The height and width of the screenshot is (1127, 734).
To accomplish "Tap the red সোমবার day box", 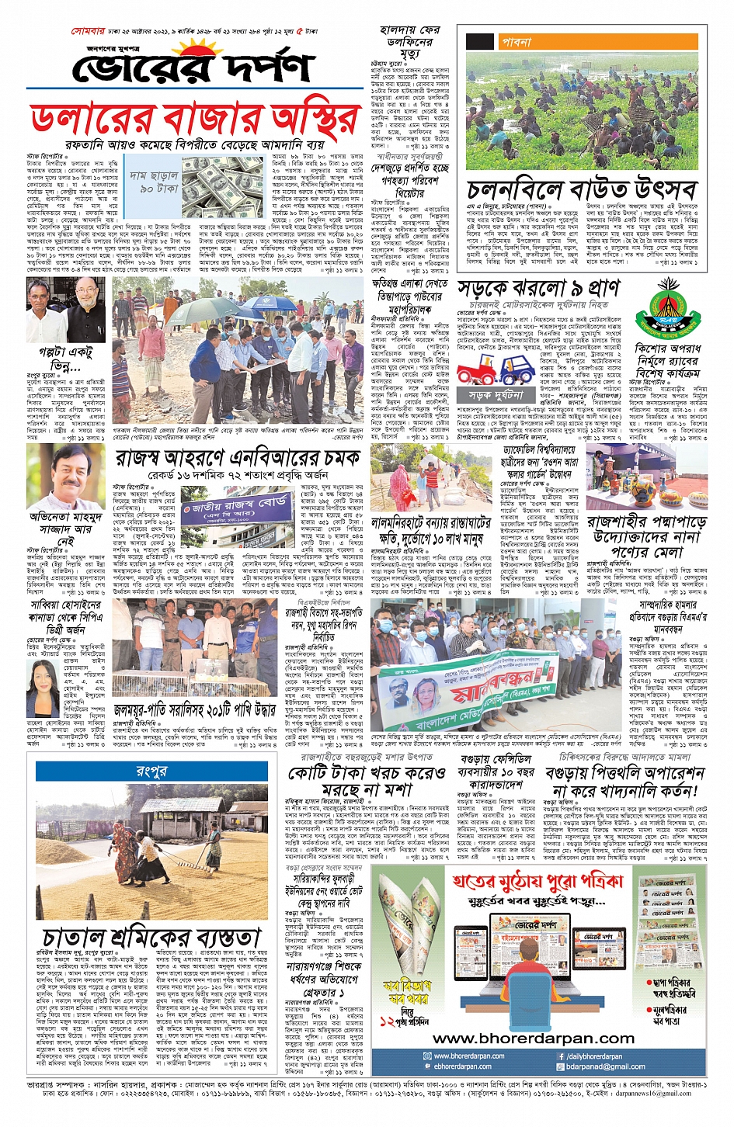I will pos(92,32).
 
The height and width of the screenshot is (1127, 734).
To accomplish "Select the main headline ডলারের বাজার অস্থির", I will pos(194,120).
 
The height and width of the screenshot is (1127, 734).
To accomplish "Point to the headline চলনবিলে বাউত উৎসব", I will pos(582,190).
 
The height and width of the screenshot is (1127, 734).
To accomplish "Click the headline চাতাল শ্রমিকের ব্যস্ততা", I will pos(151,938).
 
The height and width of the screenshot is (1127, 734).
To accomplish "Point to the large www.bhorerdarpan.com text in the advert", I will pos(533,1039).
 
